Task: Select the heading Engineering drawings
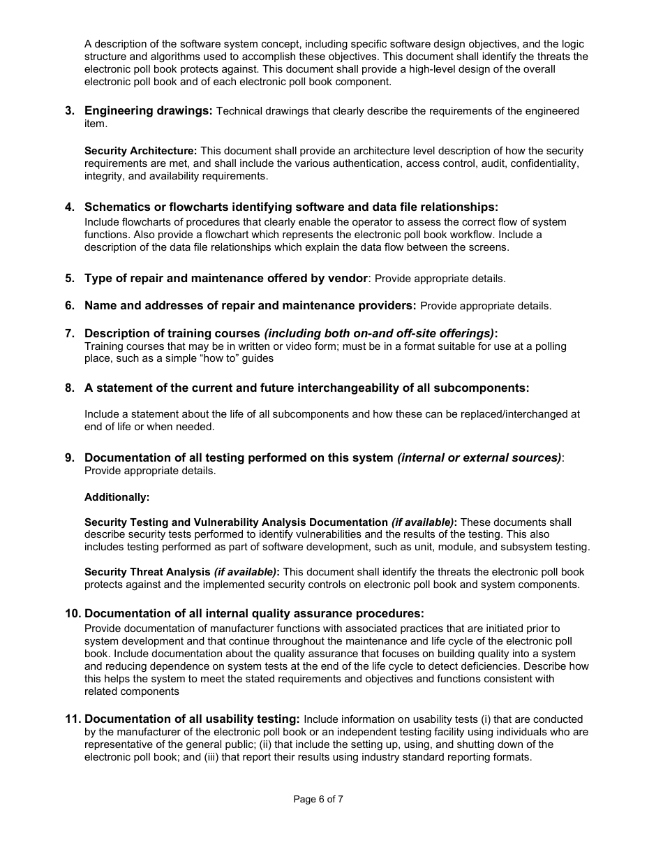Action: coord(148,111)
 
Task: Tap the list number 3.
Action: coord(69,111)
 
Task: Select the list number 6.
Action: coord(69,306)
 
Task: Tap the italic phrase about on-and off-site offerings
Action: coord(379,334)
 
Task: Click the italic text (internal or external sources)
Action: coord(479,458)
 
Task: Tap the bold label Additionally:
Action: coord(117,497)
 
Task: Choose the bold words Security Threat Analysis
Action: coord(147,572)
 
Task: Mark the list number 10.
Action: coord(73,614)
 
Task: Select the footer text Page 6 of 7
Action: coord(318,800)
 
